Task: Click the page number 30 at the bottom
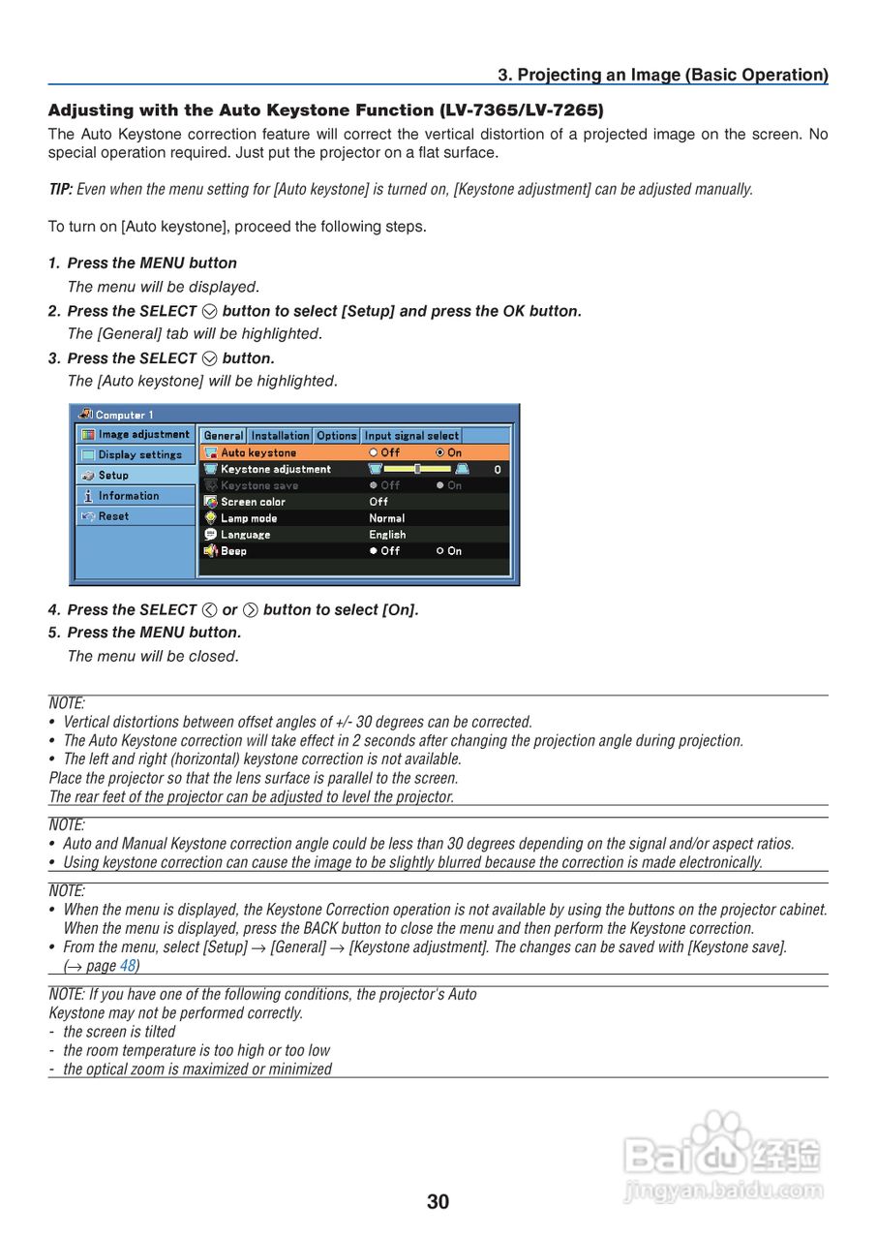[x=438, y=1202]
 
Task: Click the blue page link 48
[x=128, y=965]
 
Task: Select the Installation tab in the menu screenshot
[x=281, y=436]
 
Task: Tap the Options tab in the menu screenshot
[x=337, y=436]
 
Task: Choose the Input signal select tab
[x=411, y=436]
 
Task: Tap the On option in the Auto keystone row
[x=448, y=452]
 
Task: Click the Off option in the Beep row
[x=384, y=551]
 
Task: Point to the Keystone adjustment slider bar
[x=417, y=469]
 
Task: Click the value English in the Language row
[x=387, y=535]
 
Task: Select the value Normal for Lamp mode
[x=386, y=518]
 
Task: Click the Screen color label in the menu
[x=253, y=502]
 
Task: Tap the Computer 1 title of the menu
[x=124, y=415]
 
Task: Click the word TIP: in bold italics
[x=60, y=190]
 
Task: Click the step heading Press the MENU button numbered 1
[x=152, y=263]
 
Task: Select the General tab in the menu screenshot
[x=224, y=436]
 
